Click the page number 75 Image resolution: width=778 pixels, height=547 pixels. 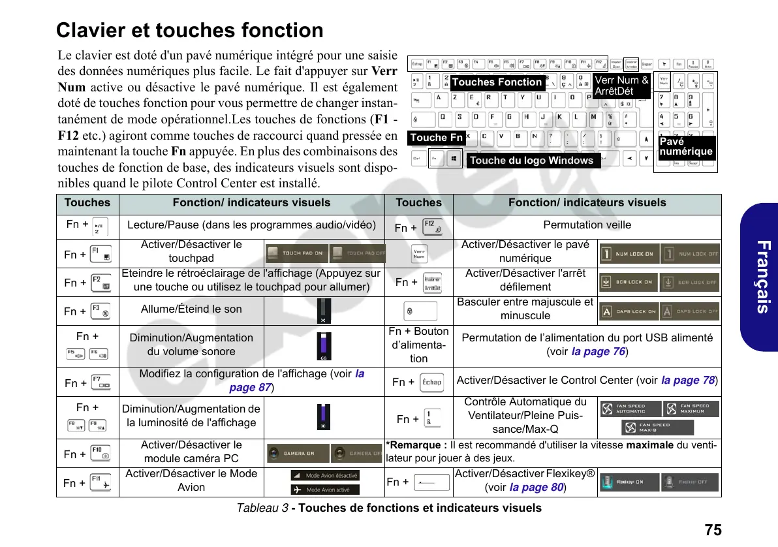point(713,529)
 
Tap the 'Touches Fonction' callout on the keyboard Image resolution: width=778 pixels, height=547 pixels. point(497,82)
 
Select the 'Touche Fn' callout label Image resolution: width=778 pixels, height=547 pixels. point(437,137)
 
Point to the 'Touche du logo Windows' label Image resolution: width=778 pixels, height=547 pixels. point(532,161)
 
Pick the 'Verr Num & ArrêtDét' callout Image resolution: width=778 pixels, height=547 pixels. point(621,86)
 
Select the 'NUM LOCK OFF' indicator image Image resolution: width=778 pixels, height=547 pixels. point(690,253)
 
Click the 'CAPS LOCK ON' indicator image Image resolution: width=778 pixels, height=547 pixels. point(628,311)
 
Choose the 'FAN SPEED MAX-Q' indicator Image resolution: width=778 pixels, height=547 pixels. point(657,428)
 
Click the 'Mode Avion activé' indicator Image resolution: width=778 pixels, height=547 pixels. point(324,490)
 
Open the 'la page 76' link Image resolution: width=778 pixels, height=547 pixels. point(598,352)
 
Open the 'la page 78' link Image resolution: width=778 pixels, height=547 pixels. point(688,381)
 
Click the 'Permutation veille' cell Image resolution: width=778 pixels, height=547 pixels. point(587,225)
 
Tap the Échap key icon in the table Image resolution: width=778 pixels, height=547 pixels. point(431,382)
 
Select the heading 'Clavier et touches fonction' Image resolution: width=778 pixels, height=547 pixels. point(190,31)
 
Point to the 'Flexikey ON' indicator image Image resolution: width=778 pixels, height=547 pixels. point(628,482)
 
